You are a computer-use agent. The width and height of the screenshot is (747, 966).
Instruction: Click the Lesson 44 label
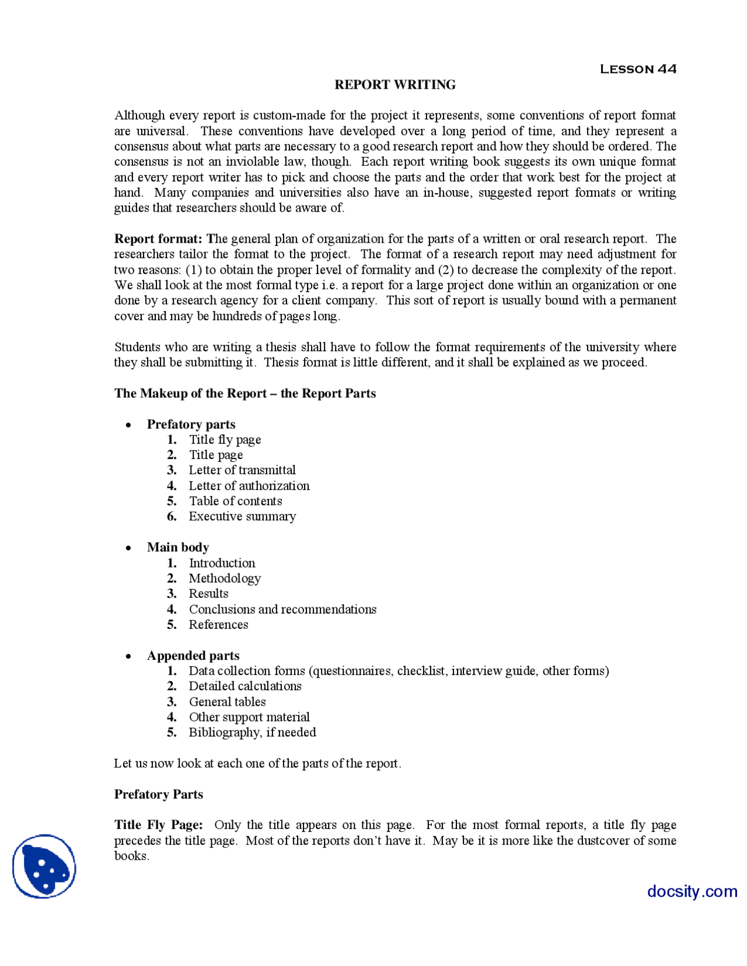point(637,69)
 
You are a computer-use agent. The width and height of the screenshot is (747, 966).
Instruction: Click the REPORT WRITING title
point(395,85)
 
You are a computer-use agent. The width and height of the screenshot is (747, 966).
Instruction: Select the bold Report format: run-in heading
point(158,239)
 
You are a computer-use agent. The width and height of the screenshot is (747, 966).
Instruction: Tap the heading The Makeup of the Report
point(245,393)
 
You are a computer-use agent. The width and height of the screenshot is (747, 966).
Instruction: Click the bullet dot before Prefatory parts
point(128,425)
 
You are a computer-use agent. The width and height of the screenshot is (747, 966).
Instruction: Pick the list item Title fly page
point(225,440)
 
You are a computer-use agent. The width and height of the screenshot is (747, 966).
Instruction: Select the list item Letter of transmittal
point(242,470)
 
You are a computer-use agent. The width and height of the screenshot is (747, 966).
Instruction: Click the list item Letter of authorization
point(249,486)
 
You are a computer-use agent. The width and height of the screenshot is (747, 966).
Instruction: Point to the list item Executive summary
point(242,516)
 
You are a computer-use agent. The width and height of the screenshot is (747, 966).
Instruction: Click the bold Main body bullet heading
point(177,547)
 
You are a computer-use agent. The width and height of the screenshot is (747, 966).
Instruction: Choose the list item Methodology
point(224,578)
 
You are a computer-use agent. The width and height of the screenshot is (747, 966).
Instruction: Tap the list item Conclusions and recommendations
point(282,609)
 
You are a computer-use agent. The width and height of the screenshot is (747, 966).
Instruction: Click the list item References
point(218,625)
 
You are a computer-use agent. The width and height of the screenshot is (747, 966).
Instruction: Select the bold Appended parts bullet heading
point(193,656)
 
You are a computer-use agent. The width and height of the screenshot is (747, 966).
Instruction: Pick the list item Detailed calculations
point(245,686)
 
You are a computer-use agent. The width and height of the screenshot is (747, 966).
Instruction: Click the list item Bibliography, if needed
point(252,732)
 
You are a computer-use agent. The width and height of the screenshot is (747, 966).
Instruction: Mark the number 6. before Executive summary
point(172,516)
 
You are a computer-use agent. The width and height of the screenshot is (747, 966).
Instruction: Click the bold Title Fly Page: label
point(158,825)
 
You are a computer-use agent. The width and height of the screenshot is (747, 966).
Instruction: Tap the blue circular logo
point(44,866)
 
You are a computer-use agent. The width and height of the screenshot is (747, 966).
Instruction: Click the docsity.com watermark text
point(692,891)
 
